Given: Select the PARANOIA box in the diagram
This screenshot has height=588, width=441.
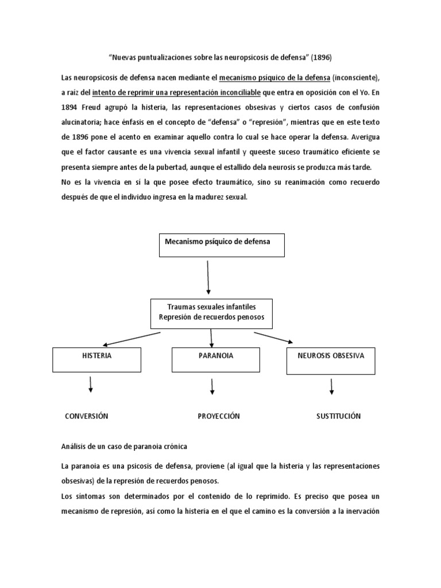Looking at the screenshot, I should point(212,359).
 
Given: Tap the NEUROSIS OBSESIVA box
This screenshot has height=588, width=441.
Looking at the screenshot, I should point(331,359).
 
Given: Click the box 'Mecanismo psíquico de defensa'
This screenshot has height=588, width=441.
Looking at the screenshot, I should point(220,245).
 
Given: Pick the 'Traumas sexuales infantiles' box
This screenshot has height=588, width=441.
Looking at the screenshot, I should point(212,313).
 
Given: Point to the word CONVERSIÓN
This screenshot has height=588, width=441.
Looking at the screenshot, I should point(87,416).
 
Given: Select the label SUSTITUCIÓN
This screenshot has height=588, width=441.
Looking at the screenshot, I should point(338,416).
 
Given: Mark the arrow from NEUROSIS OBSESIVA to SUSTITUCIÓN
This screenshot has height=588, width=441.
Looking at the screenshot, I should point(332,386).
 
